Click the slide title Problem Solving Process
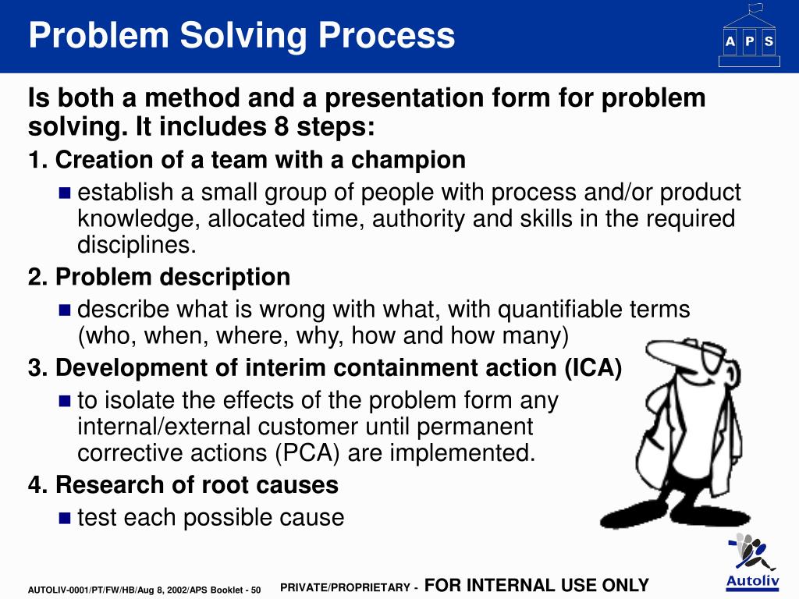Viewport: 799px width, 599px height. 242,36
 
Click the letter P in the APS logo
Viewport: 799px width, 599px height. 749,42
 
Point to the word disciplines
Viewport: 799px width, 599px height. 137,246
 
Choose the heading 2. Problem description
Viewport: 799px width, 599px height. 159,277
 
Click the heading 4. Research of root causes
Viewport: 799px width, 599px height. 183,485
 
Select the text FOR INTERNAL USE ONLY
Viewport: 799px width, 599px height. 537,585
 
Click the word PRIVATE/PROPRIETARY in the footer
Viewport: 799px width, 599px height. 344,587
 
